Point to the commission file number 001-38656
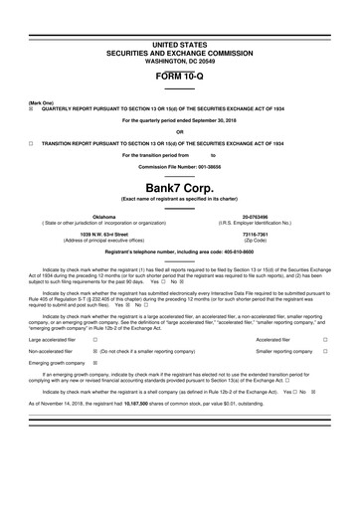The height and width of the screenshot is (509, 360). tap(211, 166)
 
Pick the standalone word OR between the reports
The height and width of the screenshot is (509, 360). tap(180, 132)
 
